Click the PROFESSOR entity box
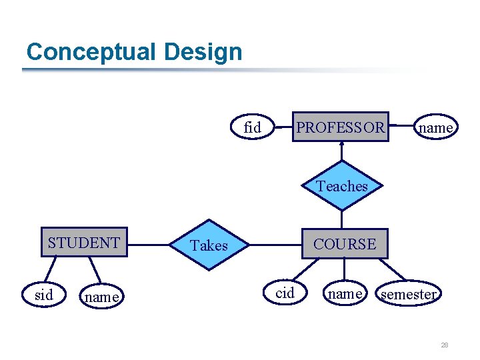340,127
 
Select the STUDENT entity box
84,243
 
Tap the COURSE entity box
345,245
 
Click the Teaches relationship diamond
342,186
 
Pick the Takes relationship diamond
209,245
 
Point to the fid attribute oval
253,127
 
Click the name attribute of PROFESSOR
436,127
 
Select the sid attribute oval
43,295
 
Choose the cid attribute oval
285,293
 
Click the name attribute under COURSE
345,293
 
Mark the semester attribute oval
408,294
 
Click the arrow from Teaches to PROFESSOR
342,152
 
